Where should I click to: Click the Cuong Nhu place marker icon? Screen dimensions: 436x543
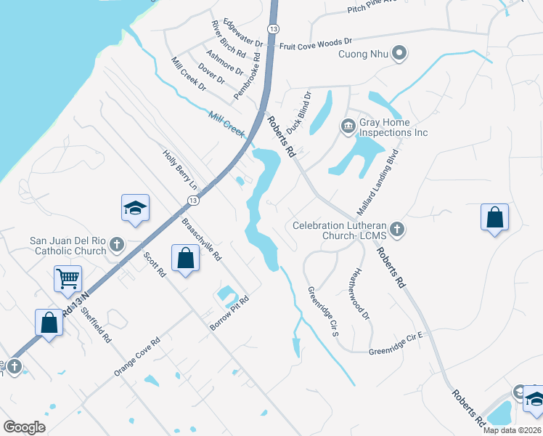(399, 53)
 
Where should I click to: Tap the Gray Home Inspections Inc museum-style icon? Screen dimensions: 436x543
(347, 127)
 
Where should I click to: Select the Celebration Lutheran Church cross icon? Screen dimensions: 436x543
(396, 230)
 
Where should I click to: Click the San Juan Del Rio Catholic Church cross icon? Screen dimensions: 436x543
(118, 246)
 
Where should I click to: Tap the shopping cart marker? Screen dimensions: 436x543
(68, 278)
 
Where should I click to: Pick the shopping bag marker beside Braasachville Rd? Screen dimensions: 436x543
(185, 257)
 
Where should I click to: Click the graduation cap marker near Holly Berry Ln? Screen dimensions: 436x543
(135, 208)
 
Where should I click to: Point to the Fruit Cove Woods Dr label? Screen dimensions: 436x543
(316, 44)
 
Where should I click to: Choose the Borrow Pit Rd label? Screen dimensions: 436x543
(229, 314)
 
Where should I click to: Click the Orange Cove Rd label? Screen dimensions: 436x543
(136, 357)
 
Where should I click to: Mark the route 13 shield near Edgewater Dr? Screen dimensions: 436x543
(273, 28)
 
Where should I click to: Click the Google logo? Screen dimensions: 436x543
(25, 427)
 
